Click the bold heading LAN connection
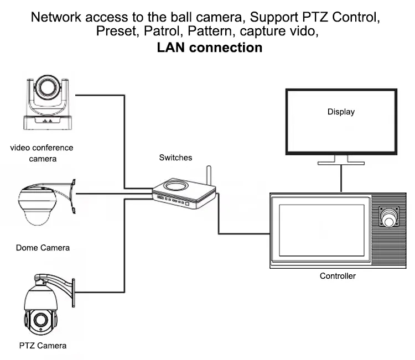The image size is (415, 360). [x=210, y=48]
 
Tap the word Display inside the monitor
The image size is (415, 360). [x=341, y=112]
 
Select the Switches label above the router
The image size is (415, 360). [x=175, y=158]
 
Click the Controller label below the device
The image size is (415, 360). [x=338, y=276]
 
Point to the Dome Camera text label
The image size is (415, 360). [x=43, y=248]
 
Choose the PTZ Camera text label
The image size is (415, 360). [x=43, y=346]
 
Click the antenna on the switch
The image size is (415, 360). [x=209, y=176]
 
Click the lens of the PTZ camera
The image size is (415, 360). [x=40, y=320]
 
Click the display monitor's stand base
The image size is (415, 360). [x=340, y=162]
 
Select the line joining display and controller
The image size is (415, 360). [x=340, y=179]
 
